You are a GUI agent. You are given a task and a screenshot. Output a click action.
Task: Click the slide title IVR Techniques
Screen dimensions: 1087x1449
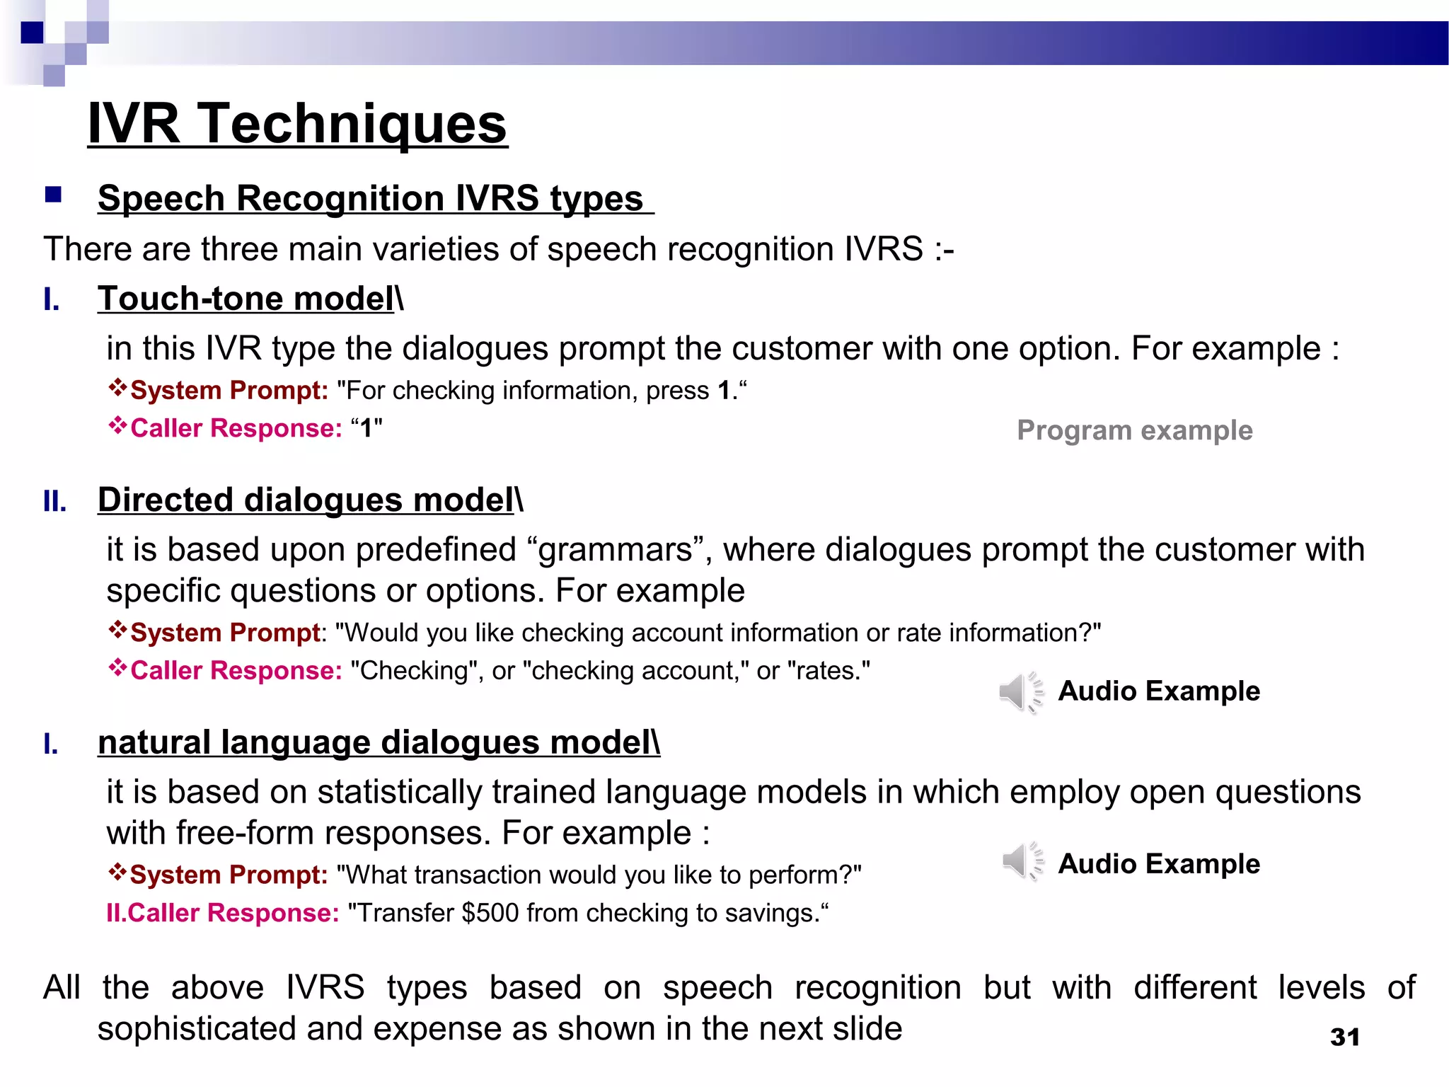297,123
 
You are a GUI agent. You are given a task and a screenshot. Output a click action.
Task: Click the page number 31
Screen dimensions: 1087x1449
1344,1037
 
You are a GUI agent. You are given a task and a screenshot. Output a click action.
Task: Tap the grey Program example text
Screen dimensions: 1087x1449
1134,430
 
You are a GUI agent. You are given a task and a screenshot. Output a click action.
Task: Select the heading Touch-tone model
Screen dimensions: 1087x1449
246,299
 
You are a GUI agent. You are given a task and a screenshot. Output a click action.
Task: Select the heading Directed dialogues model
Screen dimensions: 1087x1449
306,500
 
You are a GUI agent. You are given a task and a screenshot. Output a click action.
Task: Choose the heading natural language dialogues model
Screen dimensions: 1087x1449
378,742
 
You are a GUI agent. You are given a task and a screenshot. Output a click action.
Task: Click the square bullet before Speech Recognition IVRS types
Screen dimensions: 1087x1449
53,195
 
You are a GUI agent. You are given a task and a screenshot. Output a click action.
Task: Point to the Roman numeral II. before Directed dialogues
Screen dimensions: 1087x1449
54,502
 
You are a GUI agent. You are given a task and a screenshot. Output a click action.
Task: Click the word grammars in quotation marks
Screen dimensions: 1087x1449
615,550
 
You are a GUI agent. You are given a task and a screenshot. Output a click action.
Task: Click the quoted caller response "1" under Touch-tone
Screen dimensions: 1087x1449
366,428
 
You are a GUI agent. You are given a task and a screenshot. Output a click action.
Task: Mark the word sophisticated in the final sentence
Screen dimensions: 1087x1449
196,1028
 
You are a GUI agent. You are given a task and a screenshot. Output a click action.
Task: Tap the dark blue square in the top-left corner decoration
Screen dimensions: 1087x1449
32,33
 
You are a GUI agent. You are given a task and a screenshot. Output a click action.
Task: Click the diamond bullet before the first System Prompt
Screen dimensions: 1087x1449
117,388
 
